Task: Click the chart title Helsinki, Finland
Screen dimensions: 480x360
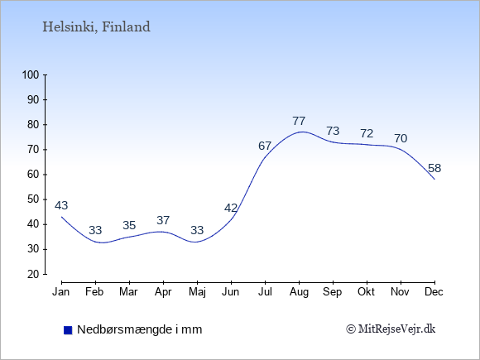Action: [96, 27]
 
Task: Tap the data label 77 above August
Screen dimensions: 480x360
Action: [299, 121]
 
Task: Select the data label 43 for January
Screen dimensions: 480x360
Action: [61, 205]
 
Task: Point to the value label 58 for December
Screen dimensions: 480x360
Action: [434, 168]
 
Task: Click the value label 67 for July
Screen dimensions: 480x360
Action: [265, 146]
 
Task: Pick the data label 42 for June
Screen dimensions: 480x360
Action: [231, 209]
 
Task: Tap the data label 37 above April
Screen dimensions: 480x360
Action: [163, 220]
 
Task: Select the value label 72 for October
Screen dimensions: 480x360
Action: [367, 133]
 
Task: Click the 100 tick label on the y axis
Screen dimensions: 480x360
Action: [31, 75]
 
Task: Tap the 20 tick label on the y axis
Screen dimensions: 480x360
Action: [33, 274]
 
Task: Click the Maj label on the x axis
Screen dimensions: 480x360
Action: [197, 292]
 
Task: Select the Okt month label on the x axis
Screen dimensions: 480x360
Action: [366, 292]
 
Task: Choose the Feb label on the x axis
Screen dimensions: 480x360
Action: [94, 292]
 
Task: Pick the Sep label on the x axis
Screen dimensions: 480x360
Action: [333, 292]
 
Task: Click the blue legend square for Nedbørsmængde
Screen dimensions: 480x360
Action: [68, 330]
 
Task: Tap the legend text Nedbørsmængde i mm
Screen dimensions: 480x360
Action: [140, 329]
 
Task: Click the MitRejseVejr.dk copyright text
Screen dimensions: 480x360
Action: [391, 329]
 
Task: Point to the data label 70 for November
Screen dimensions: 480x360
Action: [401, 139]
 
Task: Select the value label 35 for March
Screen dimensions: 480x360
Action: [129, 225]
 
